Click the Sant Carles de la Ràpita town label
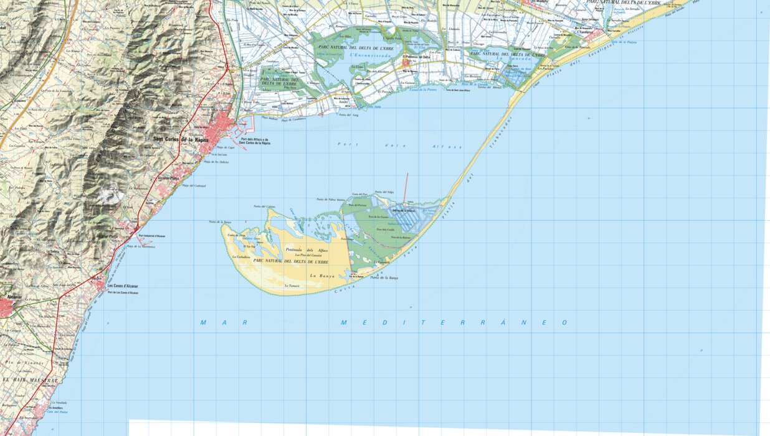180,139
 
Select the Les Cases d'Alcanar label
123,286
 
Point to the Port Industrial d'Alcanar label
151,236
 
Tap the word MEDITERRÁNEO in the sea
454,322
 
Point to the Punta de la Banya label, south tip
384,278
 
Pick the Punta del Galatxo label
265,206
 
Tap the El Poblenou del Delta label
416,57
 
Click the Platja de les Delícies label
217,162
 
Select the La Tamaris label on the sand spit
292,285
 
